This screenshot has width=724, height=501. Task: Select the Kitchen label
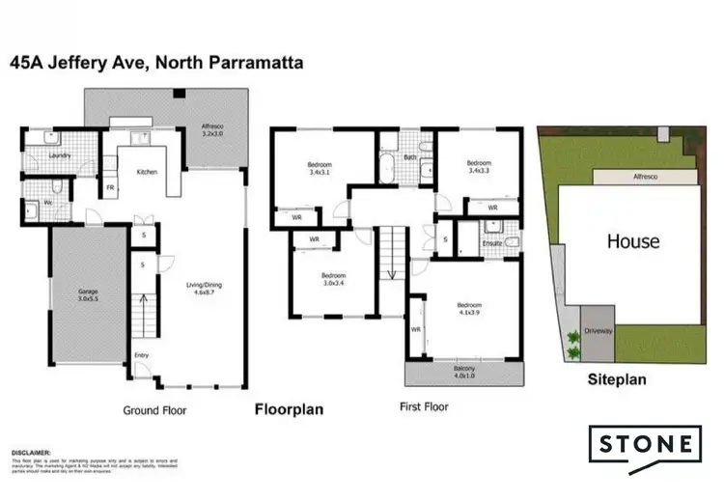(147, 172)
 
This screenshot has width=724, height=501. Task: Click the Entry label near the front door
(142, 356)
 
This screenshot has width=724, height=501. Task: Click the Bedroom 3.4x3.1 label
(319, 168)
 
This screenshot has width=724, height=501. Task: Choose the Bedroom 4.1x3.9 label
(468, 310)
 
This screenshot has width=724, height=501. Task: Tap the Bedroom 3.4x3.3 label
(479, 166)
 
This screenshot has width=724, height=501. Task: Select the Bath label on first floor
(410, 157)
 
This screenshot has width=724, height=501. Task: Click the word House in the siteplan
(633, 242)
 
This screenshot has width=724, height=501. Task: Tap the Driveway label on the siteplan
(599, 331)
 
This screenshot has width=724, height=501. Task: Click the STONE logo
(646, 445)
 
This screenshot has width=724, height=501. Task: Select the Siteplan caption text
(617, 379)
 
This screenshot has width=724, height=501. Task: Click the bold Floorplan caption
(288, 409)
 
